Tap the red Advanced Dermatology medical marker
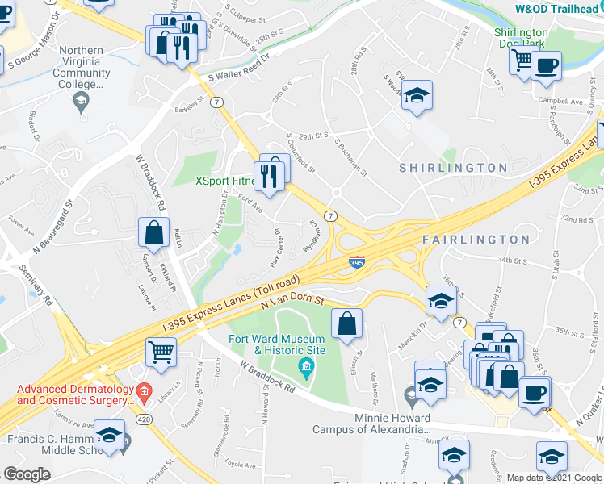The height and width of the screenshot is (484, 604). pos(144,394)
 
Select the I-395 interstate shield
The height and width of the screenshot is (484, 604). pos(356,262)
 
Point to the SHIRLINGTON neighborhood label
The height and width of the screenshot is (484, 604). pos(453,168)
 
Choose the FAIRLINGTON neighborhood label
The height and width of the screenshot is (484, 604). pos(476,240)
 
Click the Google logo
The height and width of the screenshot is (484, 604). pos(27,474)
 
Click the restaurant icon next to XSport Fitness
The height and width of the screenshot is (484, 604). pos(269,175)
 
